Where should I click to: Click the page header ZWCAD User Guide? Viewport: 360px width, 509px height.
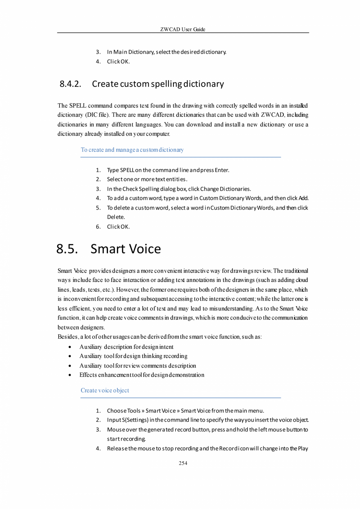coord(183,29)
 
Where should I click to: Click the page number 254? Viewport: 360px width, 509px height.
coord(183,463)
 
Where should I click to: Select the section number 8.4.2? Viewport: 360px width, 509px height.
coord(71,84)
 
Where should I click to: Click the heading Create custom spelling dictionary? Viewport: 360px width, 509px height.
coord(158,84)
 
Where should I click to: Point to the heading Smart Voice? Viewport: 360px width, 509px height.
coord(126,249)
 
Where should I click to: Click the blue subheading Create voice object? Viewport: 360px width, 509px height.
coord(104,390)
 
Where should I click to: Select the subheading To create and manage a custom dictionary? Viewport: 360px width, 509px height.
coord(132,150)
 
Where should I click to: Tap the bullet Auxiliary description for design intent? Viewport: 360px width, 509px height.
coord(126,347)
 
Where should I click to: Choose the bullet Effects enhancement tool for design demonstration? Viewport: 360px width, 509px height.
coord(142,375)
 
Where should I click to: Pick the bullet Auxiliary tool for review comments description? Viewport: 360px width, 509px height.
coord(138,366)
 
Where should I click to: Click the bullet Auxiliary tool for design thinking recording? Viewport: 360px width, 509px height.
coord(133,356)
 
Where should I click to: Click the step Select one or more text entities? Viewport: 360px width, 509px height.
coord(147,179)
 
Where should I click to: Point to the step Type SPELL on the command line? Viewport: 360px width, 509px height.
coord(168,170)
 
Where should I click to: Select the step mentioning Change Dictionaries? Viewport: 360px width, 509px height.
coord(179,189)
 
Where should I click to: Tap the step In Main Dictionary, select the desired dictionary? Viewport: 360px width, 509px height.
coord(167,52)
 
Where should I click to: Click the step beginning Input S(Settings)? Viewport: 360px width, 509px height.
coord(207,420)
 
